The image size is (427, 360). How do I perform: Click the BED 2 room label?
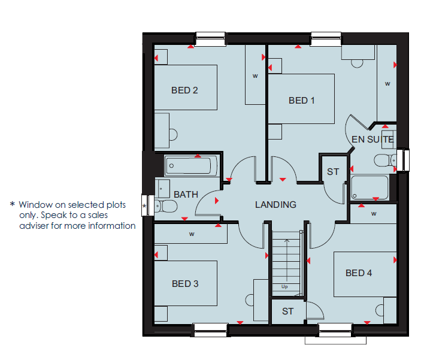184,90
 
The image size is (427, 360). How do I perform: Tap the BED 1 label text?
301,101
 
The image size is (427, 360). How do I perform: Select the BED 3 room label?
185,284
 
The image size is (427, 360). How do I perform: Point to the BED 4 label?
359,273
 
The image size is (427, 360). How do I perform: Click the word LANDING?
275,204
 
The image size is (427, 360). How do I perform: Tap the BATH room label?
186,195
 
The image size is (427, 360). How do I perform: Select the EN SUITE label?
373,140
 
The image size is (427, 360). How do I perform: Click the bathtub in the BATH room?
190,165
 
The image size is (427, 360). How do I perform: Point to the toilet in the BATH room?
166,206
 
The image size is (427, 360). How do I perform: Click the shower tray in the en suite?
370,187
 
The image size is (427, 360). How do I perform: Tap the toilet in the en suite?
385,161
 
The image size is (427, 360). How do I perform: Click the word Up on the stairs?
284,286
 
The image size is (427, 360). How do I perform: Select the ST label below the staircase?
287,311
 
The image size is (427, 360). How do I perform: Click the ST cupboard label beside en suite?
333,172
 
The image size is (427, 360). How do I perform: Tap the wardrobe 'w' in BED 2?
255,76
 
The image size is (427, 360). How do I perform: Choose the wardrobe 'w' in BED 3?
192,234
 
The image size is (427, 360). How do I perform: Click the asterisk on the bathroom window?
144,206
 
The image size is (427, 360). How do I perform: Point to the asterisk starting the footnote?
12,204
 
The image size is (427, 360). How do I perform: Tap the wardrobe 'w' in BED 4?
374,214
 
